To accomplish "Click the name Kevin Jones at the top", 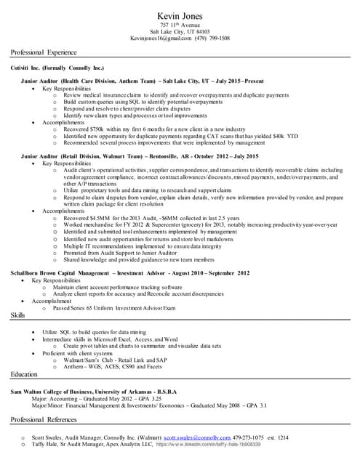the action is tap(179, 16).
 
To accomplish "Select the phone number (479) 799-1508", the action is tap(207, 39).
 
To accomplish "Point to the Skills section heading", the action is tap(19, 315).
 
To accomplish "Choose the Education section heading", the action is tap(26, 373).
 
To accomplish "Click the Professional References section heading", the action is tap(47, 421).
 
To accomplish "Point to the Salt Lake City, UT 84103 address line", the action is tap(180, 32).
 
